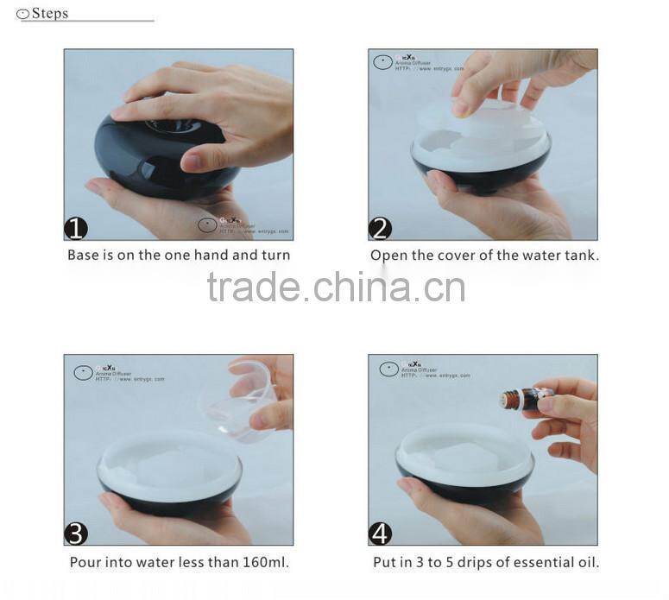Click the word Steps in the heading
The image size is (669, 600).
[49, 13]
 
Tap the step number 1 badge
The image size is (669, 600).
[77, 228]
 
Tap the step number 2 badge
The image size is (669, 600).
[381, 228]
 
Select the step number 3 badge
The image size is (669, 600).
[77, 534]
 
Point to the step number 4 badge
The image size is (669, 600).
[381, 534]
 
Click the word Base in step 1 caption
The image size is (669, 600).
[84, 255]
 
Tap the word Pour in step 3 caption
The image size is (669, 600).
[86, 563]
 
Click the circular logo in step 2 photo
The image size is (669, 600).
[382, 61]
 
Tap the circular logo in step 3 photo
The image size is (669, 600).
[83, 373]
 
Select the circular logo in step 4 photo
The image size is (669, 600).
[388, 369]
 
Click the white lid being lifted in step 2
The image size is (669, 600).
[479, 121]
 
